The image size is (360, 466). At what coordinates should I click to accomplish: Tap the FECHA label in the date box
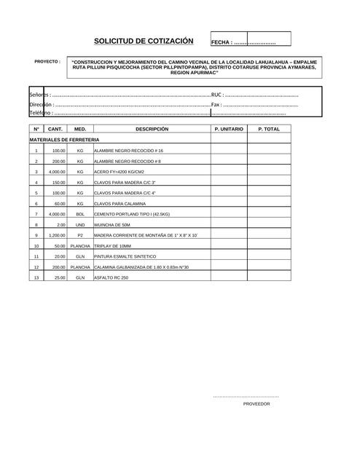coord(222,43)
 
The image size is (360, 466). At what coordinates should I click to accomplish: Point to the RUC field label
coord(216,95)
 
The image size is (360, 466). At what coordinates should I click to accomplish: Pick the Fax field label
coord(216,104)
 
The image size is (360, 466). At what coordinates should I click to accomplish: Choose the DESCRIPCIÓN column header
coord(152,129)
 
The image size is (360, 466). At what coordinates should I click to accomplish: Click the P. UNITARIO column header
coord(229,129)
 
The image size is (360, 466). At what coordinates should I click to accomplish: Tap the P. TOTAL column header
coord(269,129)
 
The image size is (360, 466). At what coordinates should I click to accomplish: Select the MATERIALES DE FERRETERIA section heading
coord(65,139)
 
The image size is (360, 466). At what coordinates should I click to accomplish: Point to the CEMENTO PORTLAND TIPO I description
coord(132,214)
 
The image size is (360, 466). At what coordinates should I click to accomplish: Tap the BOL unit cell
coord(80,214)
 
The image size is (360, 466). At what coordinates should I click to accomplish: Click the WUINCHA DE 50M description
coord(111,225)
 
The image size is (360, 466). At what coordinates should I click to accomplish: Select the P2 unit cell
coord(80,236)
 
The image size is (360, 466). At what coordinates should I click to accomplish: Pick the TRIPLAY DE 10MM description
coord(111,246)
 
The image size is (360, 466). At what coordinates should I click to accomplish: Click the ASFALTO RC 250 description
coord(111,278)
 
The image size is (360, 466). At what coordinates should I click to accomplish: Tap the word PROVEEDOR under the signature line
coord(257,403)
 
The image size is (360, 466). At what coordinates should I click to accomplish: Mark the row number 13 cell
coord(36,278)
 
